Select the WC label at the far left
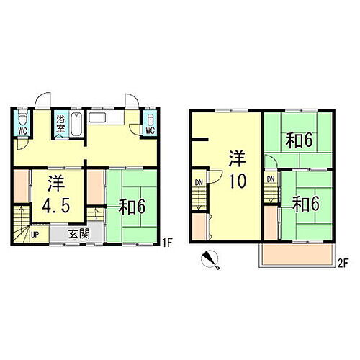pos(22,131)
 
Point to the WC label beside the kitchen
pos(150,130)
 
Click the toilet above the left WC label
pos(22,117)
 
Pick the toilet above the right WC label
pos(150,118)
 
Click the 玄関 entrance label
pos(79,233)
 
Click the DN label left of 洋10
pos(198,181)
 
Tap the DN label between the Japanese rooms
pos(271,178)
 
